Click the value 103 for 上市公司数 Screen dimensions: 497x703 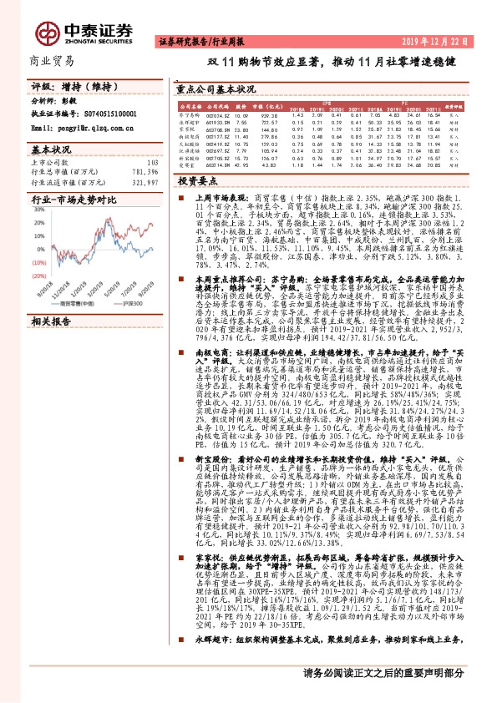[152, 162]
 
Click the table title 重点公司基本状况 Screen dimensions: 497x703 [221, 87]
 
